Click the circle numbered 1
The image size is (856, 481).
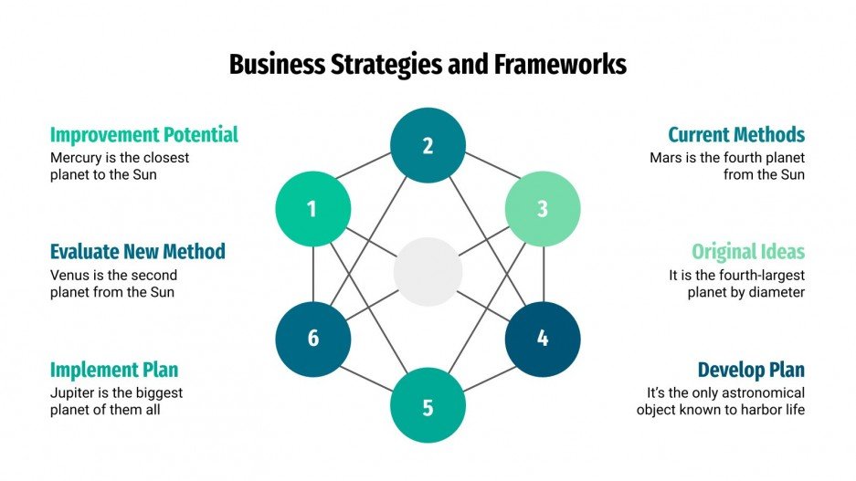point(312,209)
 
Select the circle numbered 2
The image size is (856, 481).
point(428,145)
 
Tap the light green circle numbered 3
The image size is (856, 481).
point(543,209)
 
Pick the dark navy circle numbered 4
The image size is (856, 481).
point(543,339)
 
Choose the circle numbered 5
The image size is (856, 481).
point(428,406)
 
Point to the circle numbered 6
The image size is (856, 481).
point(312,339)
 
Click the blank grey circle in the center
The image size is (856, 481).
point(428,272)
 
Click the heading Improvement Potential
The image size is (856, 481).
point(143,135)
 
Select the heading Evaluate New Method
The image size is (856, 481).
point(137,252)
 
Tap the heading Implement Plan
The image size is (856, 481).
point(113,370)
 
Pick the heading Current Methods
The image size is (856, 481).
point(735,135)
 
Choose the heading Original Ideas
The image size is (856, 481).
point(747,252)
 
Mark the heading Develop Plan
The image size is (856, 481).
point(751,370)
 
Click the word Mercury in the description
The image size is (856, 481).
point(76,158)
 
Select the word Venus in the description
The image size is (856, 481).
point(69,275)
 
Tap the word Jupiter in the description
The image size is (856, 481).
point(73,392)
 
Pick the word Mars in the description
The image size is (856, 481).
point(665,158)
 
